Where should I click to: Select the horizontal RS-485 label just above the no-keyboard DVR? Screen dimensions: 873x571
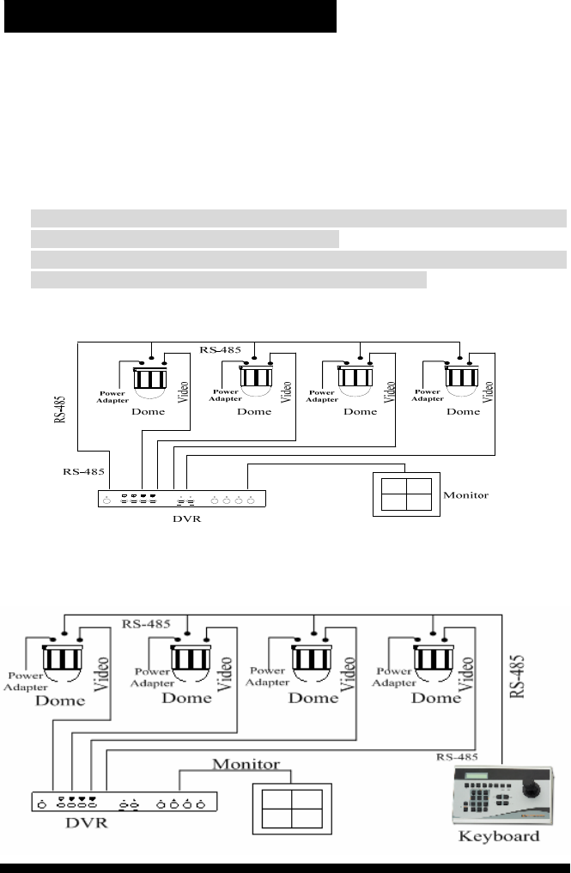[x=83, y=471]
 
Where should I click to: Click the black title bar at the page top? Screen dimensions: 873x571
[x=170, y=16]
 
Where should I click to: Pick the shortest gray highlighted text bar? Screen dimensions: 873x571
[x=185, y=239]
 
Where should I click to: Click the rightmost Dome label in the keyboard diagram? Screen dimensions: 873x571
[x=436, y=699]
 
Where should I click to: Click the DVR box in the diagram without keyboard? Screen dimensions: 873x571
[x=182, y=499]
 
